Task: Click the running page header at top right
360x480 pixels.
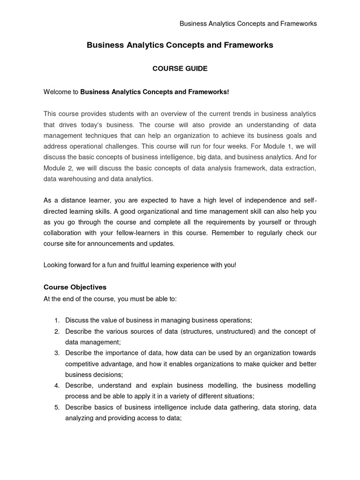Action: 248,23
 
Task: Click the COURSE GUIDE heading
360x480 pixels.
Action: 180,68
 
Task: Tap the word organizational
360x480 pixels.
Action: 154,211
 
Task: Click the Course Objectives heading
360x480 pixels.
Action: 75,287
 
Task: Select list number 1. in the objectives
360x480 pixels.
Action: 56,320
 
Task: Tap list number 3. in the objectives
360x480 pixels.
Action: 56,353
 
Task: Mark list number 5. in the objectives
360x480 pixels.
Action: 56,407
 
